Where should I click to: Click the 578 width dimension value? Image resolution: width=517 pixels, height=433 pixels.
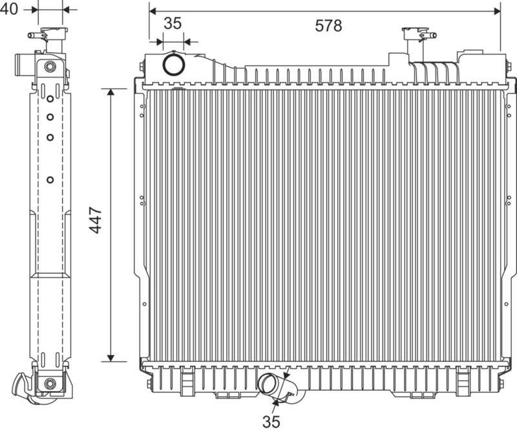pyautogui.click(x=328, y=25)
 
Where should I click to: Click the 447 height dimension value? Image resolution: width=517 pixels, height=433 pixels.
pyautogui.click(x=96, y=220)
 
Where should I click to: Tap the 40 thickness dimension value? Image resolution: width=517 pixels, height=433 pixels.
pyautogui.click(x=9, y=9)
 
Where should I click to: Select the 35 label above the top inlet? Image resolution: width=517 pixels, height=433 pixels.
pyautogui.click(x=173, y=23)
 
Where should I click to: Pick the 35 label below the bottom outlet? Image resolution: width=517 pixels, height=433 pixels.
pyautogui.click(x=271, y=421)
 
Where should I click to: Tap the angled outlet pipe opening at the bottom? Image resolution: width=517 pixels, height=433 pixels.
pyautogui.click(x=268, y=383)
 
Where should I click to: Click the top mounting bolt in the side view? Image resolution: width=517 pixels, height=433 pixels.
pyautogui.click(x=50, y=67)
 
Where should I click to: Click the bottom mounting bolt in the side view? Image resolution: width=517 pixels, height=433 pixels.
pyautogui.click(x=50, y=383)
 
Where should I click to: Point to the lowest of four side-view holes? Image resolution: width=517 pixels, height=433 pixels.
pyautogui.click(x=50, y=180)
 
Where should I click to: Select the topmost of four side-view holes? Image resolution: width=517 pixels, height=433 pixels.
pyautogui.click(x=50, y=98)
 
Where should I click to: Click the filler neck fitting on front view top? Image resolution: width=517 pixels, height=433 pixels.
pyautogui.click(x=419, y=35)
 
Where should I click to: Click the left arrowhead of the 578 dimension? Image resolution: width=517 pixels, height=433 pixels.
pyautogui.click(x=153, y=11)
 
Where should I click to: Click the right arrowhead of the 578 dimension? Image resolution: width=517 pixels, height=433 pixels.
pyautogui.click(x=497, y=11)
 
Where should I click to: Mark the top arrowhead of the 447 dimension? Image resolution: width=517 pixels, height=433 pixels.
pyautogui.click(x=111, y=92)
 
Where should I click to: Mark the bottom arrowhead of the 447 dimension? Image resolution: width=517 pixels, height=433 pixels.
pyautogui.click(x=111, y=358)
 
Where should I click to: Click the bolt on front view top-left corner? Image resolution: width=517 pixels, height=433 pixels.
pyautogui.click(x=142, y=67)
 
